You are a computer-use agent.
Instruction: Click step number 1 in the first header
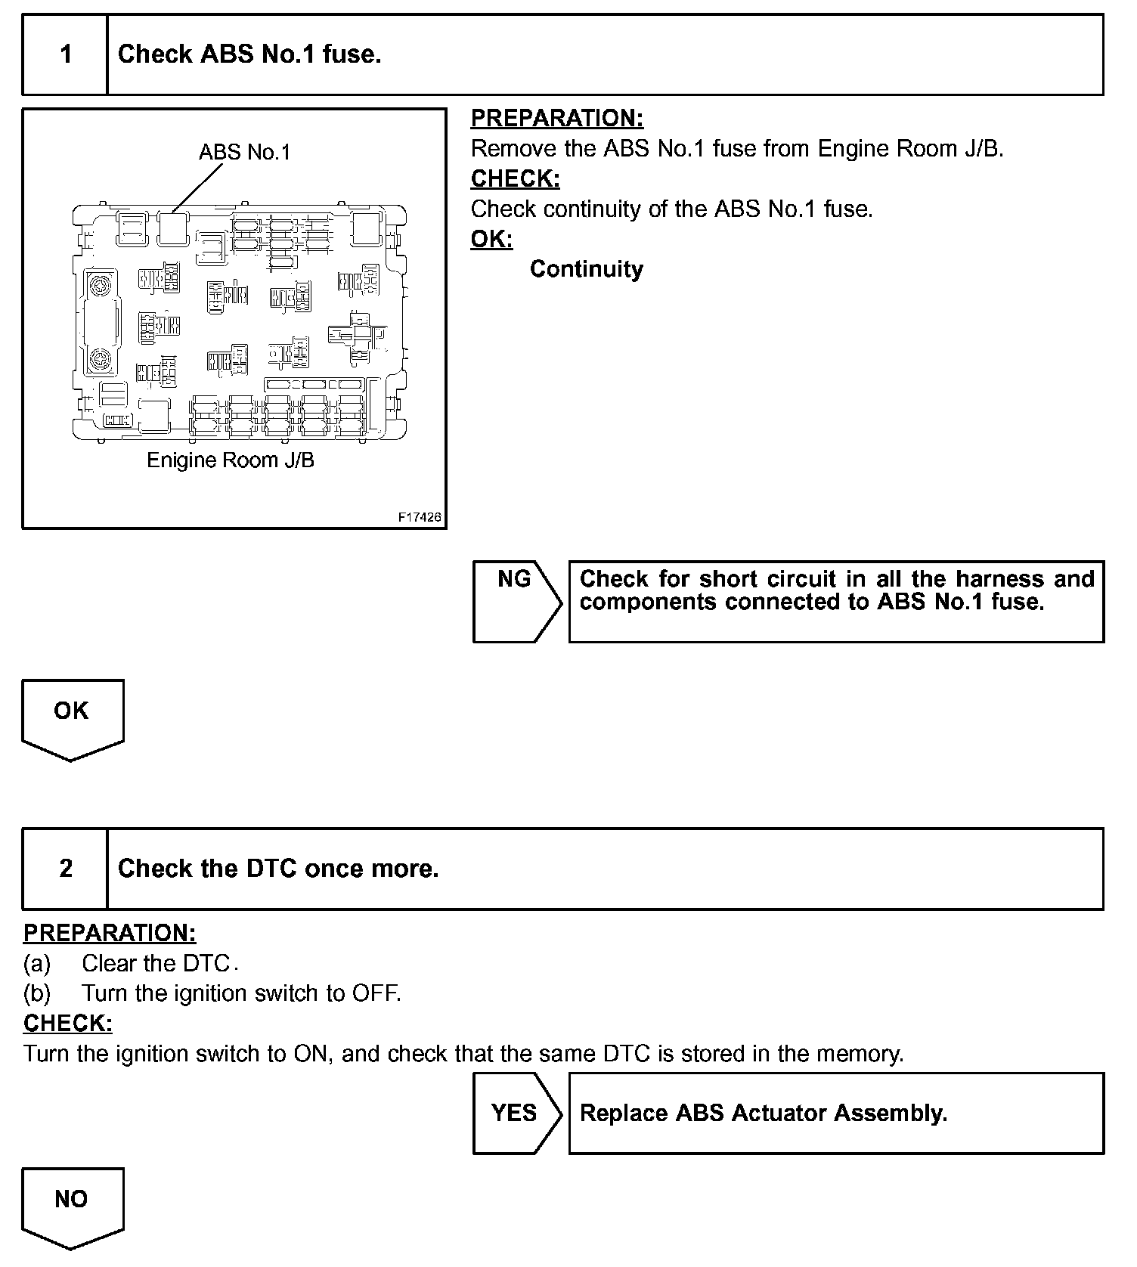(x=66, y=54)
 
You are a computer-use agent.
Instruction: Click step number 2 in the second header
(x=66, y=869)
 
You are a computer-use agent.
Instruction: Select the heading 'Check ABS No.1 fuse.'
(x=249, y=54)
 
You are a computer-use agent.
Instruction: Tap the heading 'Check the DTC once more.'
(x=278, y=869)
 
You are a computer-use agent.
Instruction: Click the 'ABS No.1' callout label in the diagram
(x=244, y=153)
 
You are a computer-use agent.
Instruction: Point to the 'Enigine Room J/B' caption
(x=230, y=460)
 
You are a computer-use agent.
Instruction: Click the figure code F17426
(x=420, y=518)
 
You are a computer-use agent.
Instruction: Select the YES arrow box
(x=515, y=1113)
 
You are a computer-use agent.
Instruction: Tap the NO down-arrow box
(x=72, y=1205)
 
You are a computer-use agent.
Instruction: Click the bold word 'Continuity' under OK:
(x=586, y=269)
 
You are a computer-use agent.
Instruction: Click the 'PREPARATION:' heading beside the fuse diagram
(x=556, y=119)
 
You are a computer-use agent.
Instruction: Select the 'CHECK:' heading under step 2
(x=68, y=1023)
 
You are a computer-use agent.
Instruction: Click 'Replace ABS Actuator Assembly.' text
(x=763, y=1113)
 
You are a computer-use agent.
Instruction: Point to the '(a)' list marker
(x=37, y=963)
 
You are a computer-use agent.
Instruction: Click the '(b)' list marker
(x=37, y=993)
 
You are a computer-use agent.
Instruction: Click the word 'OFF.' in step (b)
(x=376, y=993)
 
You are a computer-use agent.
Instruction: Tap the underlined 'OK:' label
(x=491, y=239)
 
